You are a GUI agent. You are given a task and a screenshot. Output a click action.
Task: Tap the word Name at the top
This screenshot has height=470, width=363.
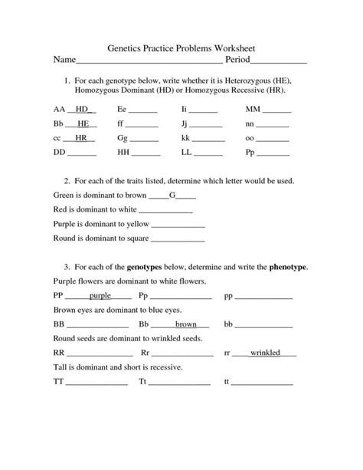(x=65, y=59)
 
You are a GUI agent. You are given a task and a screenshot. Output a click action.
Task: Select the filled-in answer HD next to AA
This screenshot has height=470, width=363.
(x=83, y=110)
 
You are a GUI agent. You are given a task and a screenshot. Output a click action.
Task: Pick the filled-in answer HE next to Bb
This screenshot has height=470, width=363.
(x=83, y=123)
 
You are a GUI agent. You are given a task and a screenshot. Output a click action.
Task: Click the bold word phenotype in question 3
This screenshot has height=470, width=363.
(x=288, y=267)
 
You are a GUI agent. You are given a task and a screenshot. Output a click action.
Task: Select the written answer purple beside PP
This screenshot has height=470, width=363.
(x=100, y=295)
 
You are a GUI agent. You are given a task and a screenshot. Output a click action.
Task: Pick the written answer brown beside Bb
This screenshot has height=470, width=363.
(x=186, y=324)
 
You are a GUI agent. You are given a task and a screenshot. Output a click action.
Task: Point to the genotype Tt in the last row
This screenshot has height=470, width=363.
(x=143, y=381)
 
